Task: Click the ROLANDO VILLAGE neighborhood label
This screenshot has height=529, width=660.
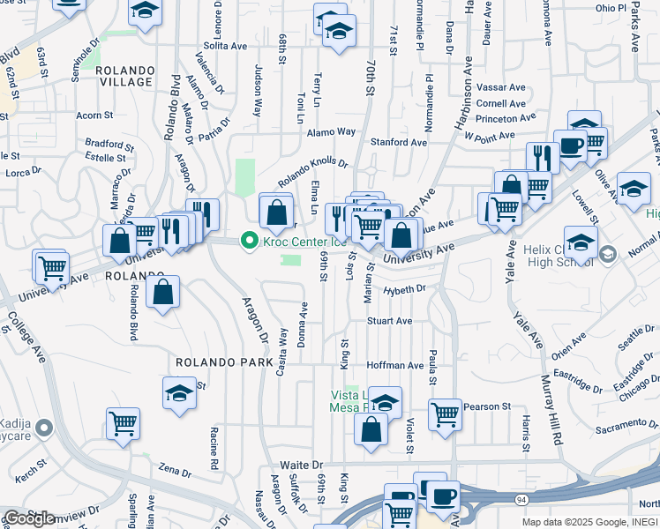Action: pyautogui.click(x=124, y=75)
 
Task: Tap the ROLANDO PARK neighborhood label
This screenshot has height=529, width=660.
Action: pyautogui.click(x=216, y=362)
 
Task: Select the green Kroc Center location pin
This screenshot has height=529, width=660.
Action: pyautogui.click(x=250, y=240)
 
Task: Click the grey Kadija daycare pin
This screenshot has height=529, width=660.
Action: pyautogui.click(x=47, y=428)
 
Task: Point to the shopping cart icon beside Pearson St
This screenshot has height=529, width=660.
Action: pyautogui.click(x=445, y=413)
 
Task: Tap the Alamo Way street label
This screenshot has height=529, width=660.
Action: pyautogui.click(x=331, y=131)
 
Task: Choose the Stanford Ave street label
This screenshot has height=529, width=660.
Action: pyautogui.click(x=398, y=142)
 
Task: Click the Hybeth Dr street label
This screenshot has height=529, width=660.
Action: pyautogui.click(x=404, y=289)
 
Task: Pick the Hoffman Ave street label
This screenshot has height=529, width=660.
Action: pyautogui.click(x=395, y=365)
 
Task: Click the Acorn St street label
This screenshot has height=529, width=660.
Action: pyautogui.click(x=94, y=115)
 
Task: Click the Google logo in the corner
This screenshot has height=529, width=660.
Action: pyautogui.click(x=28, y=518)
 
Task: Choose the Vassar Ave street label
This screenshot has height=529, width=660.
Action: pyautogui.click(x=500, y=87)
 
